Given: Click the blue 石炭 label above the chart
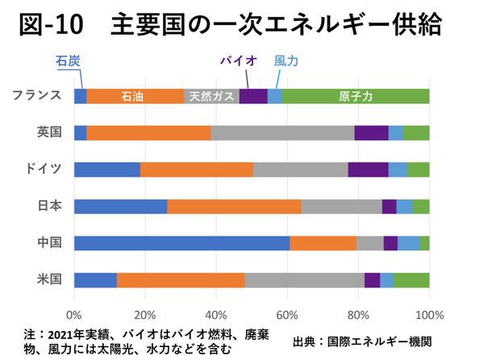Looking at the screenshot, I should [68, 60].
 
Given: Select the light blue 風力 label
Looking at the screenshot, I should [287, 60].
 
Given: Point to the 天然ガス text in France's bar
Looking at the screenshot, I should [212, 96].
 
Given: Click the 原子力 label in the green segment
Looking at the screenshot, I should [356, 96].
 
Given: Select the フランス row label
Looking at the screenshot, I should [38, 95].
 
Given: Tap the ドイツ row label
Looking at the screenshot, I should [44, 169].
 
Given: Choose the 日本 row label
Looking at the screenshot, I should [49, 206].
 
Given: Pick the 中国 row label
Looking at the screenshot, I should [49, 243].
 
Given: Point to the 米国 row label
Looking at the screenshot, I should [49, 280].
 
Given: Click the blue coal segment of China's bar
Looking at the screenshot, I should [181, 243].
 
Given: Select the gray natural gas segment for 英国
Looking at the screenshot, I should [282, 133].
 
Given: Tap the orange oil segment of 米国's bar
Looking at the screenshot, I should [181, 280].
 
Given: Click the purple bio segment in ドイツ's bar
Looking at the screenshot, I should [368, 170].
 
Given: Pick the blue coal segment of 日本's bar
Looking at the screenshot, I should [120, 207].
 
